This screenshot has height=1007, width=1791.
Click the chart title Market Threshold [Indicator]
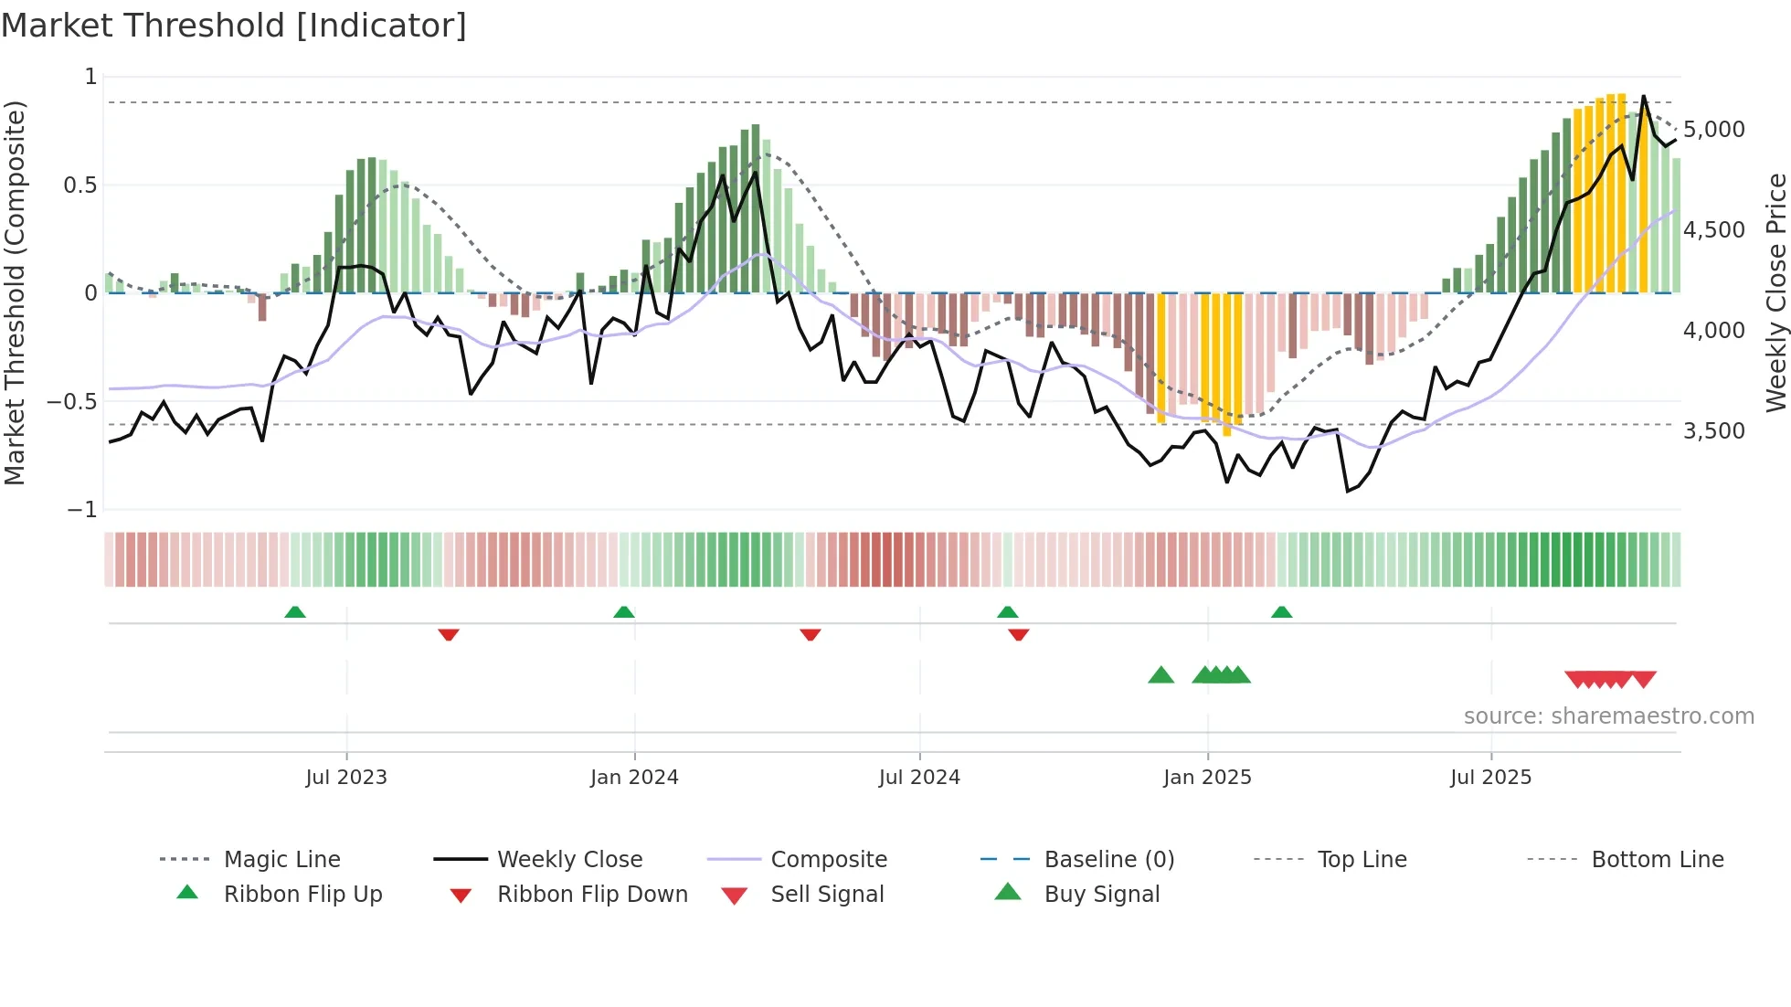(234, 26)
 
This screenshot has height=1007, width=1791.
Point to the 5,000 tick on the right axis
(1713, 130)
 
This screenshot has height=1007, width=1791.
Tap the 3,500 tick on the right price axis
(1713, 431)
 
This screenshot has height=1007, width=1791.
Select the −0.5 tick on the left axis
(72, 402)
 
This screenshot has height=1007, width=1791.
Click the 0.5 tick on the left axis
(79, 185)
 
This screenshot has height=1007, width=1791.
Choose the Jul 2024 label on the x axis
(919, 778)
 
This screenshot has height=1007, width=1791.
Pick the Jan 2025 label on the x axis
(1207, 778)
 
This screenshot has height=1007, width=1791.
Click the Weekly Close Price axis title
(1775, 292)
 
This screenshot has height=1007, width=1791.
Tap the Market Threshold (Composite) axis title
(15, 292)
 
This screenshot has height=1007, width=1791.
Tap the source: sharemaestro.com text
(1608, 716)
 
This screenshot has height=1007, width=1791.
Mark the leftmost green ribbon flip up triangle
(295, 612)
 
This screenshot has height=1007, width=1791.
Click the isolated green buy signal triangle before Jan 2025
(1160, 675)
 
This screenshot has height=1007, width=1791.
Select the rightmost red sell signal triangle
(1644, 679)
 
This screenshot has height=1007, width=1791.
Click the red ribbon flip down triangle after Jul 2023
(448, 634)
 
